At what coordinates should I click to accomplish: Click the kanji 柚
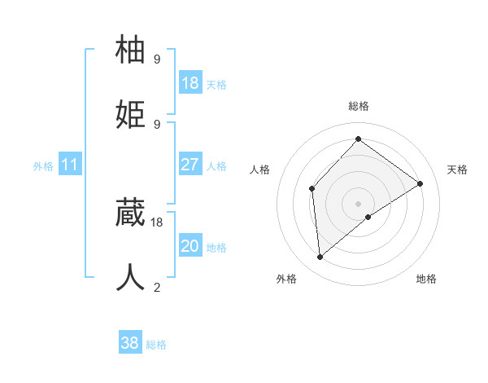(x=132, y=51)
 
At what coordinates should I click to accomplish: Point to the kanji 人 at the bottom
(x=132, y=277)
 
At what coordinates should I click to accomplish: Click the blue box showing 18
(x=190, y=83)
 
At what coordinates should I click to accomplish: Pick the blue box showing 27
(x=190, y=165)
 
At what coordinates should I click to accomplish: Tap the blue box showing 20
(x=190, y=246)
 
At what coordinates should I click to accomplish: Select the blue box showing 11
(x=69, y=165)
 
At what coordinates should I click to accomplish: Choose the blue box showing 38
(x=130, y=343)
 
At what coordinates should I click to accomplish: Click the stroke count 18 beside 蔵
(x=157, y=222)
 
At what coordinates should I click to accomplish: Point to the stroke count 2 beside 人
(x=157, y=287)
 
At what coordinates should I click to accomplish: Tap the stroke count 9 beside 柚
(x=157, y=59)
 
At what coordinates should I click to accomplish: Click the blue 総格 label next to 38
(x=157, y=345)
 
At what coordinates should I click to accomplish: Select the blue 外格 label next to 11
(x=43, y=166)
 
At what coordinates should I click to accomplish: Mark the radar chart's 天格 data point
(x=420, y=183)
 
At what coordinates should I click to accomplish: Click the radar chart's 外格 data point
(x=320, y=258)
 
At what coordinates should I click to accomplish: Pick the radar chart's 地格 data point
(x=368, y=217)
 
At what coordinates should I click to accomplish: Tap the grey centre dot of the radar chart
(x=358, y=202)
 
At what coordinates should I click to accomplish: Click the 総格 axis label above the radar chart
(x=359, y=106)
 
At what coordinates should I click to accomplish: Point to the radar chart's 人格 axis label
(x=260, y=169)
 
